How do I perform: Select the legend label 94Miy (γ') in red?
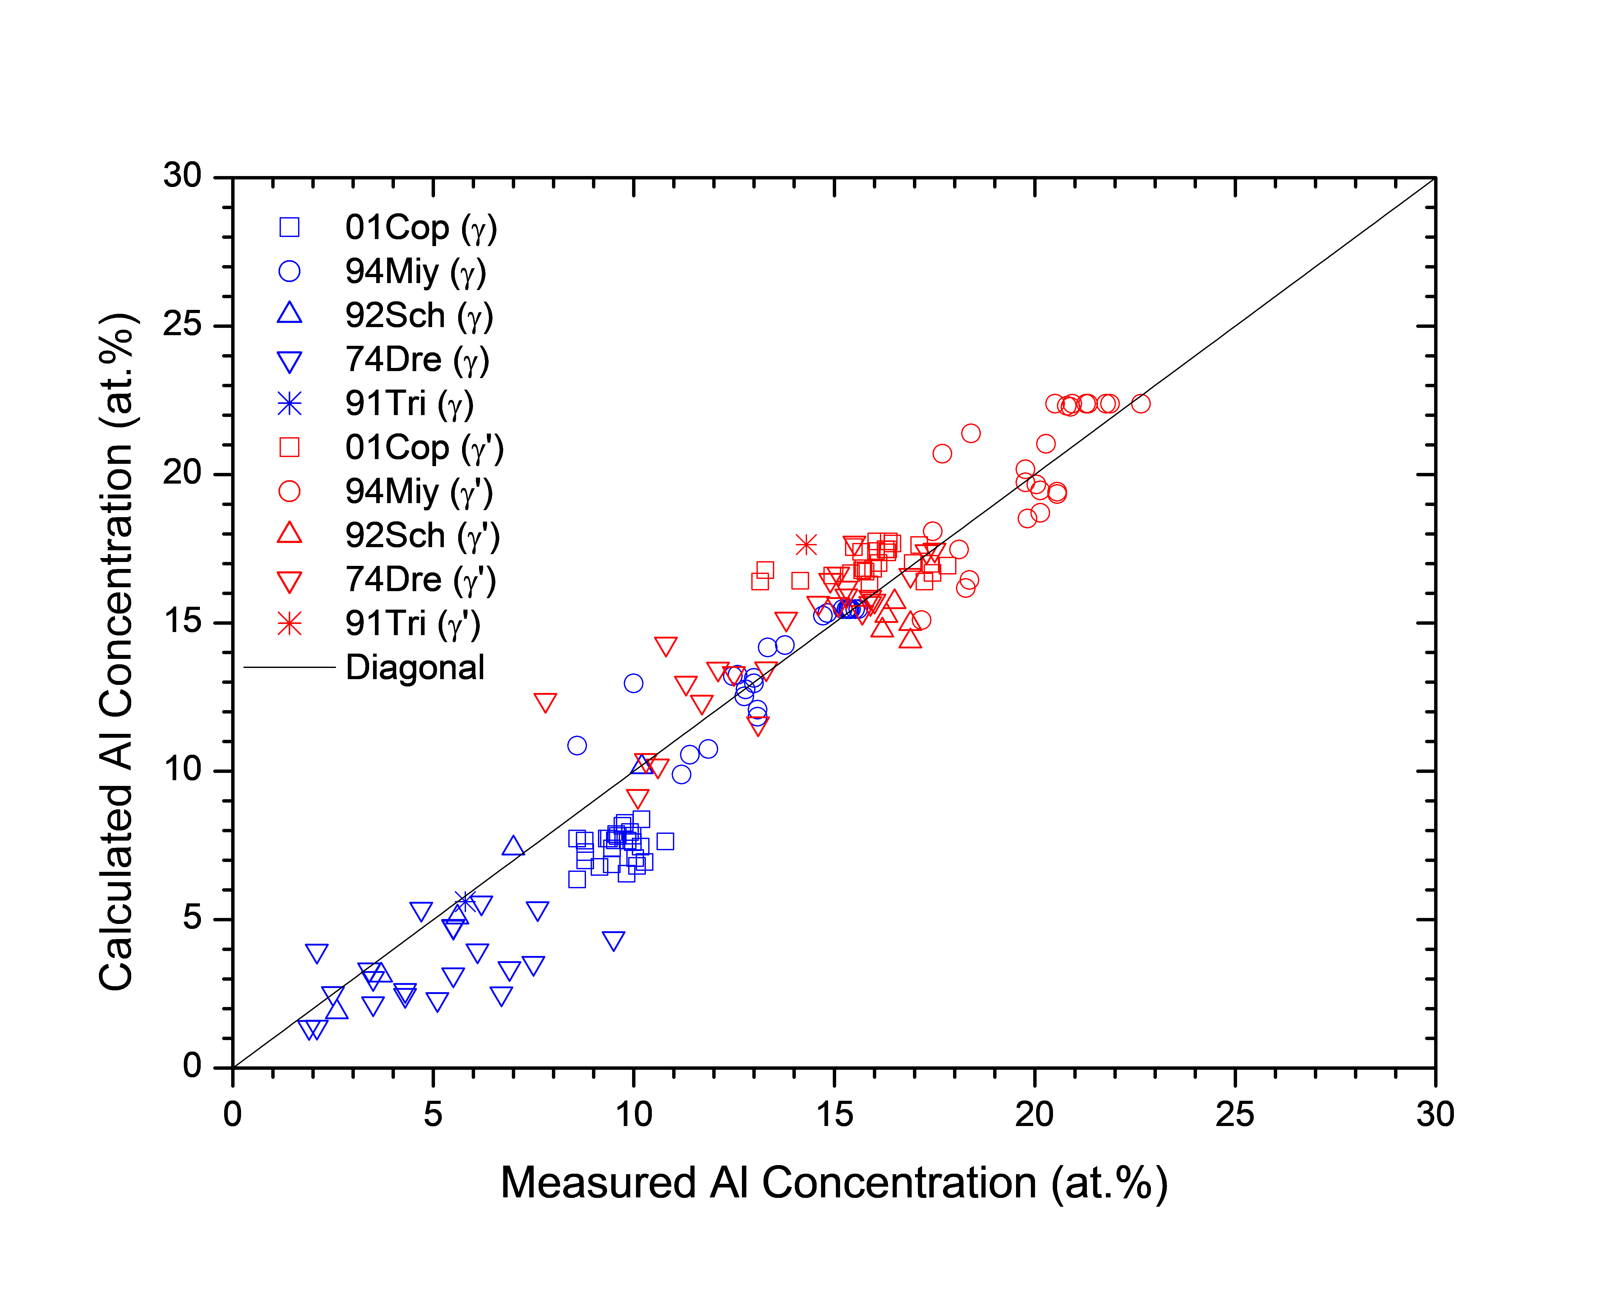418,492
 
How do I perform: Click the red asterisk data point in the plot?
806,544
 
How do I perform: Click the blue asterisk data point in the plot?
465,900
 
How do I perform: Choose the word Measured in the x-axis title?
598,1183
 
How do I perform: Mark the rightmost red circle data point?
1141,404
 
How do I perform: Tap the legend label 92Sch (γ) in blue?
418,315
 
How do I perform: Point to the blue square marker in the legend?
290,227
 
